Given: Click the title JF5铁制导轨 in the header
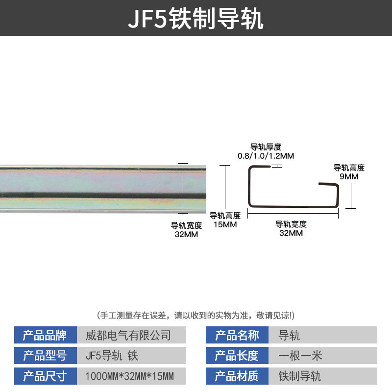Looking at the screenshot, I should coord(196,18).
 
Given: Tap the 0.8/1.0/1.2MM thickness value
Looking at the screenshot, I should coord(266,156).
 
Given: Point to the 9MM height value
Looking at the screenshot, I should coord(349,176).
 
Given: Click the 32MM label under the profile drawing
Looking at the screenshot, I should coord(291,233).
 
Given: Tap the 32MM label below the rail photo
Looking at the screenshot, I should coord(186,234).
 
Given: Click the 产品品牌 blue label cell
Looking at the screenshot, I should coord(46,335).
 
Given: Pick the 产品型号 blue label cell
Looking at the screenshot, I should coord(46,355).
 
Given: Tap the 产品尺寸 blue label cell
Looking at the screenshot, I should coord(46,376).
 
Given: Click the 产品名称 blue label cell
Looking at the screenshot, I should coord(237,335).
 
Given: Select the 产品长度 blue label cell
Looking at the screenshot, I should coord(237,355).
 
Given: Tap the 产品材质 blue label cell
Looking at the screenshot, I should coord(237,376).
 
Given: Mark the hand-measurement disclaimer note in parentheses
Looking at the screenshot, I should coord(196,315).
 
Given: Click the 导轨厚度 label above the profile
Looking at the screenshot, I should coord(266,147).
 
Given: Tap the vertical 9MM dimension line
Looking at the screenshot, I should coord(351,196).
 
